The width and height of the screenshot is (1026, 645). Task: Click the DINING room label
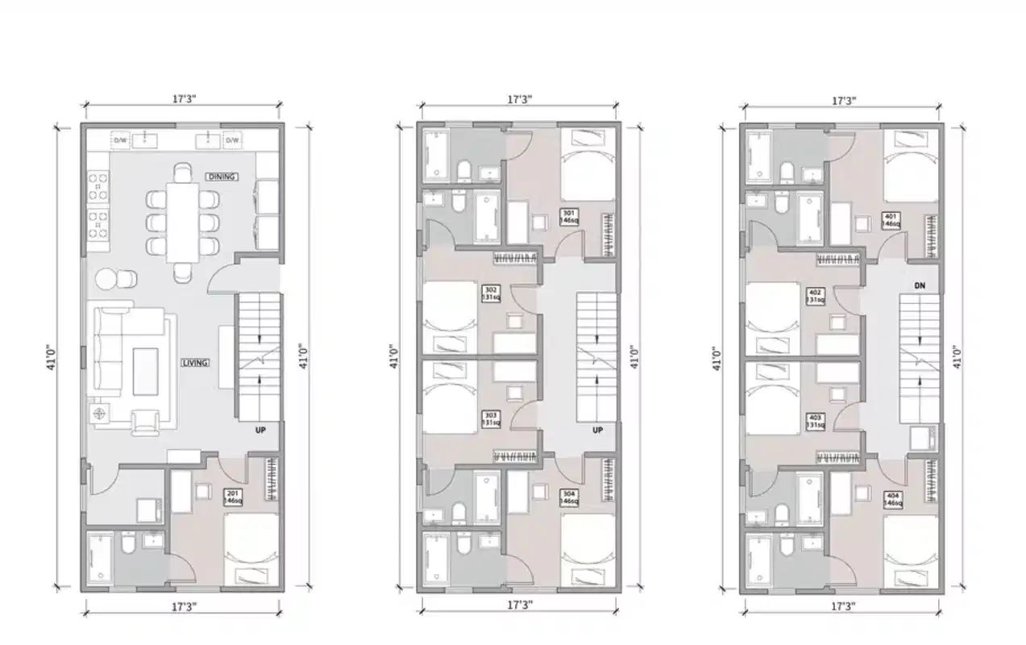coord(222,177)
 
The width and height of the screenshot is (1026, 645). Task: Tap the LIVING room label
coord(195,363)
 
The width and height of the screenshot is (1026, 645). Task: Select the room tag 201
coord(233,497)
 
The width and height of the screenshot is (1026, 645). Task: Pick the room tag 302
coord(490,293)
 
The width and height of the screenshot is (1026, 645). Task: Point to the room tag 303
coord(490,418)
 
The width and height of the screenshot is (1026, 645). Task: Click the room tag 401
coord(891,220)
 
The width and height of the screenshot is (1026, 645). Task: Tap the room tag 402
coord(815,296)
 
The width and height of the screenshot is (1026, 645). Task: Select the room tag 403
coord(815,421)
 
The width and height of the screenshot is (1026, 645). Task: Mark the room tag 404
coord(891,499)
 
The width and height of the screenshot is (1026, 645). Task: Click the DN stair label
coord(919,285)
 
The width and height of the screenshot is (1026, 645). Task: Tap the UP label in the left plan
coord(261,431)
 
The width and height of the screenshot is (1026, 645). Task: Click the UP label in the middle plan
coord(598,431)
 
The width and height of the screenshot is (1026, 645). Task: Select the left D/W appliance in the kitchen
coord(121,140)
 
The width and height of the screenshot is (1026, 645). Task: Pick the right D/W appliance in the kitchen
coord(232,140)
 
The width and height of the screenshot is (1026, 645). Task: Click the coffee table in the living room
coord(146,371)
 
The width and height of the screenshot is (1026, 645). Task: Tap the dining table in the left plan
coord(183,222)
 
